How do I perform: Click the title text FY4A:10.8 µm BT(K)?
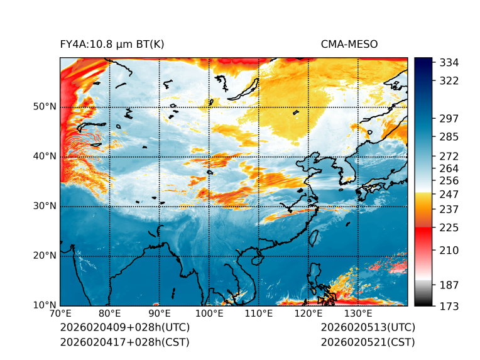[112, 45]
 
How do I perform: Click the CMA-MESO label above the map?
[349, 45]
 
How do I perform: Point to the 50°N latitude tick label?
[45, 107]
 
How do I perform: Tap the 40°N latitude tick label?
[45, 156]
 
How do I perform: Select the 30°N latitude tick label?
[45, 206]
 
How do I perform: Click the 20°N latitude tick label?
[45, 256]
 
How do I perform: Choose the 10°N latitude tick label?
[45, 305]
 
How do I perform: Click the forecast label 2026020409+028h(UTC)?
[124, 328]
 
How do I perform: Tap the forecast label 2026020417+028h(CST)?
[124, 342]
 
